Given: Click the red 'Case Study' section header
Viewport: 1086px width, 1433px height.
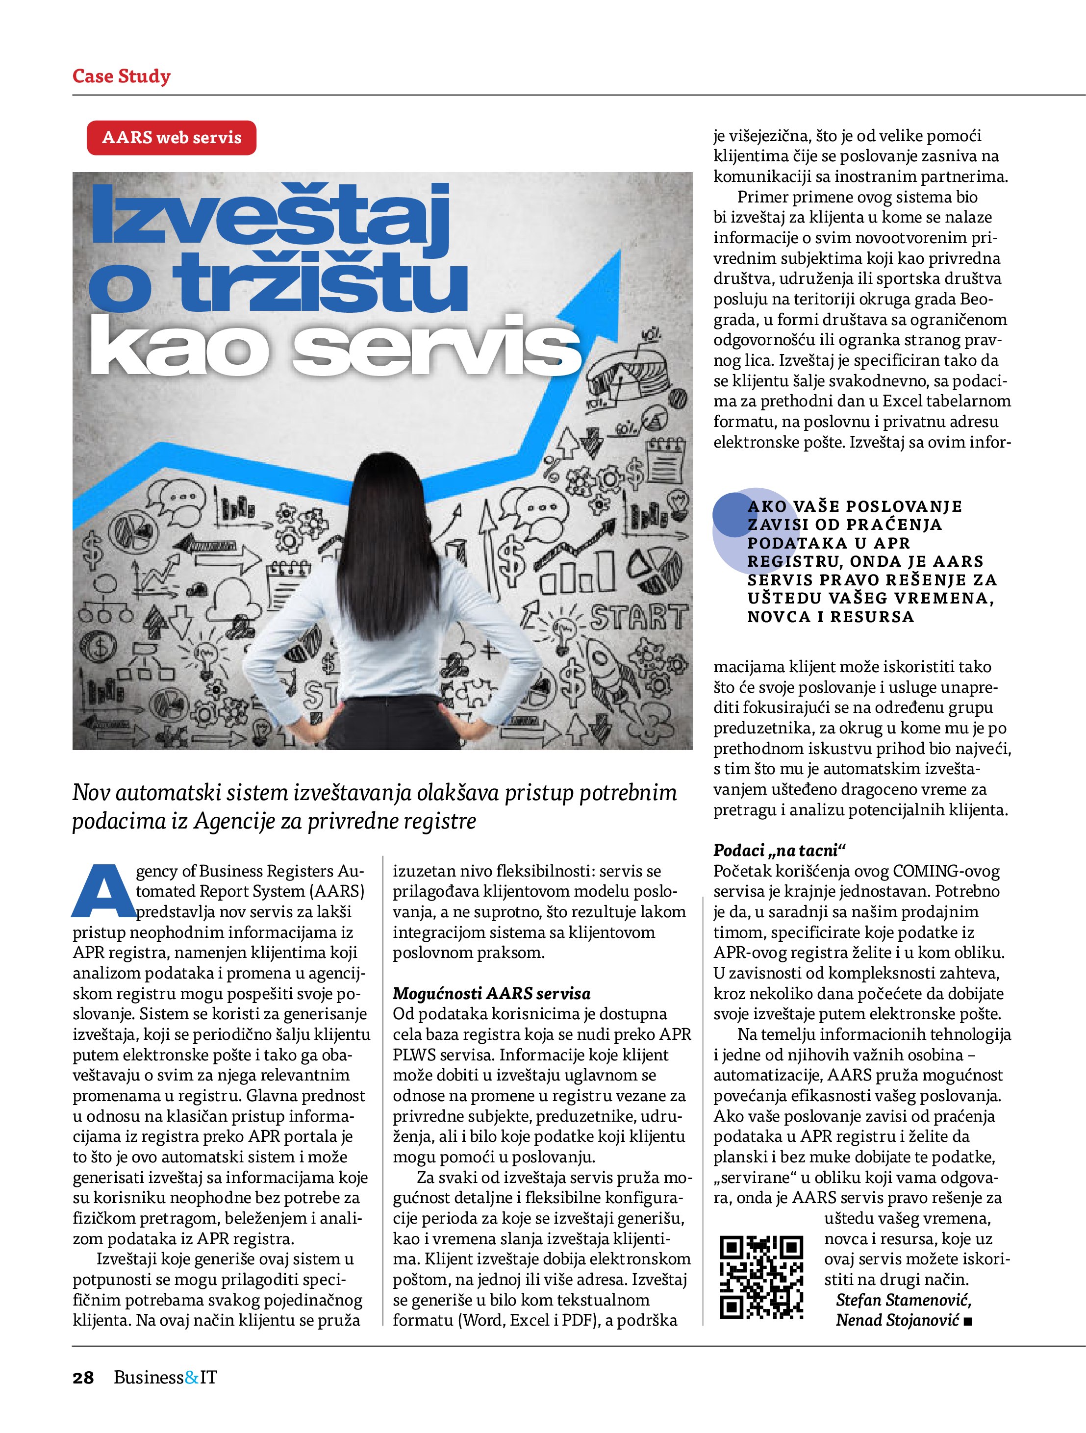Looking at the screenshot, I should pyautogui.click(x=121, y=76).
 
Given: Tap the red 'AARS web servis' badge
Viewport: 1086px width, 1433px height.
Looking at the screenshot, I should pyautogui.click(x=171, y=137).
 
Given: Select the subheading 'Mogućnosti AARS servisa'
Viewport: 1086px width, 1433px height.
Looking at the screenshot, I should pyautogui.click(x=491, y=993).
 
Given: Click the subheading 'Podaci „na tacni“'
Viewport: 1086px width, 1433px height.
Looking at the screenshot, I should pyautogui.click(x=780, y=850).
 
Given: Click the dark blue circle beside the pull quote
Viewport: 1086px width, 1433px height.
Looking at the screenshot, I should pyautogui.click(x=732, y=514).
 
